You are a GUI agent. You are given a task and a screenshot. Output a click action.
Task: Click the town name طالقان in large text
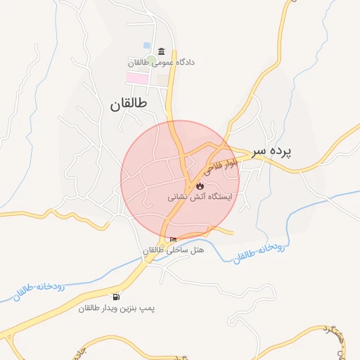[x=130, y=104]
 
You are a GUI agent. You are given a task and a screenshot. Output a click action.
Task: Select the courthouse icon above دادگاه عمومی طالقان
[x=162, y=52]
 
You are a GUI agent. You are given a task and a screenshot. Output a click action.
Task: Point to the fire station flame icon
[x=200, y=186]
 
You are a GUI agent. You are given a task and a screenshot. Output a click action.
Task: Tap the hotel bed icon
[x=173, y=240]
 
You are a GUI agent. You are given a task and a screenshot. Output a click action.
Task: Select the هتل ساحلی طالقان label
[x=173, y=251]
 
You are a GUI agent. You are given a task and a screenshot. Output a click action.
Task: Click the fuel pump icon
[x=115, y=297]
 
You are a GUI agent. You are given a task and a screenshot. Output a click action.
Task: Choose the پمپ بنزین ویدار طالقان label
[x=116, y=308]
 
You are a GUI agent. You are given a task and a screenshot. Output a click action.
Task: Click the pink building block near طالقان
[x=137, y=77]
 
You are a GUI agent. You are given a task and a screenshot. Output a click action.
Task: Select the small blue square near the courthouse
[x=146, y=45]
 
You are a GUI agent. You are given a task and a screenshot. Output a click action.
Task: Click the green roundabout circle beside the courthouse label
[x=151, y=61]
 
